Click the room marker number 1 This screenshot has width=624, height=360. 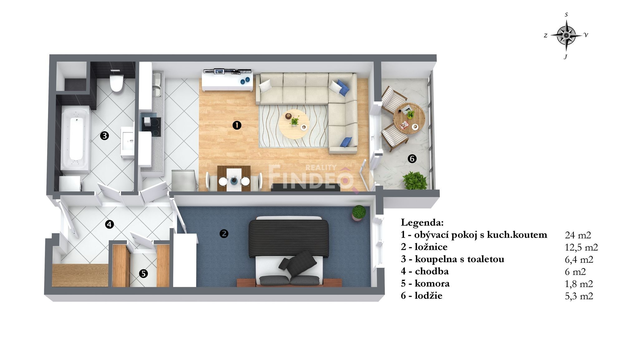237,126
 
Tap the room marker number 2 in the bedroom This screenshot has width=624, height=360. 224,234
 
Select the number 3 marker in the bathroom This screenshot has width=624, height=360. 105,136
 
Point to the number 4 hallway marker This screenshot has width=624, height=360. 110,224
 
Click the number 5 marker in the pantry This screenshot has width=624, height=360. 143,274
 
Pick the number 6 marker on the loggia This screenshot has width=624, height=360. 412,159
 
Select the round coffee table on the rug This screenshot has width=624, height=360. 294,124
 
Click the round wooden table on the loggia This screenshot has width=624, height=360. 409,119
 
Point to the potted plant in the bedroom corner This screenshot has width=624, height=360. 359,213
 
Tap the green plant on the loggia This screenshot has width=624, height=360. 415,180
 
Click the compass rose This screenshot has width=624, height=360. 566,35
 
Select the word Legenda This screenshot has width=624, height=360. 422,223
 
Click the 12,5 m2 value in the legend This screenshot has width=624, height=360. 581,247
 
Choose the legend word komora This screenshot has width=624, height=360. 432,284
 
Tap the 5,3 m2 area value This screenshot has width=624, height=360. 579,296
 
